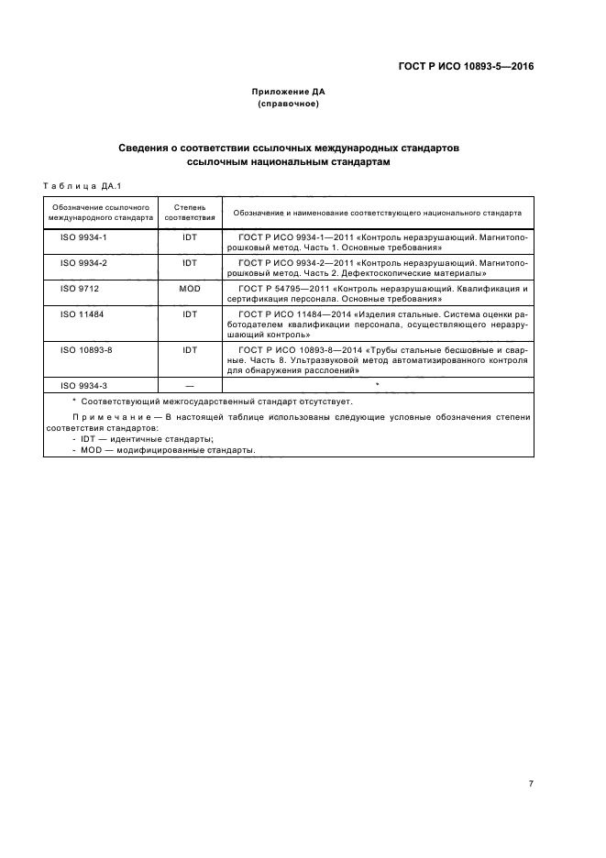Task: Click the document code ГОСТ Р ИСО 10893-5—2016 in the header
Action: coord(465,66)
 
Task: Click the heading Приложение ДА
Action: coord(289,92)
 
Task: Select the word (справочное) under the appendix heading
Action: coord(289,104)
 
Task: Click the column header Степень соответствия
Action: coord(190,213)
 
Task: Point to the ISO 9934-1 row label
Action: coord(83,236)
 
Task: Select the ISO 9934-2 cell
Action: coord(83,262)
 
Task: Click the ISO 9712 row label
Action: coord(80,288)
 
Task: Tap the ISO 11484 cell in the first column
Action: coord(82,313)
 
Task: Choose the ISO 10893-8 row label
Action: coord(85,349)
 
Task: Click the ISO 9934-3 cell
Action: coord(83,385)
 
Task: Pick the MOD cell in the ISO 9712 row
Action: coord(190,288)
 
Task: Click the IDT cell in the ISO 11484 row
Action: coord(190,313)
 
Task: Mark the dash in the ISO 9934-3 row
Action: coord(190,385)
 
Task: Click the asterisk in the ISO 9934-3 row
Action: coord(377,384)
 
